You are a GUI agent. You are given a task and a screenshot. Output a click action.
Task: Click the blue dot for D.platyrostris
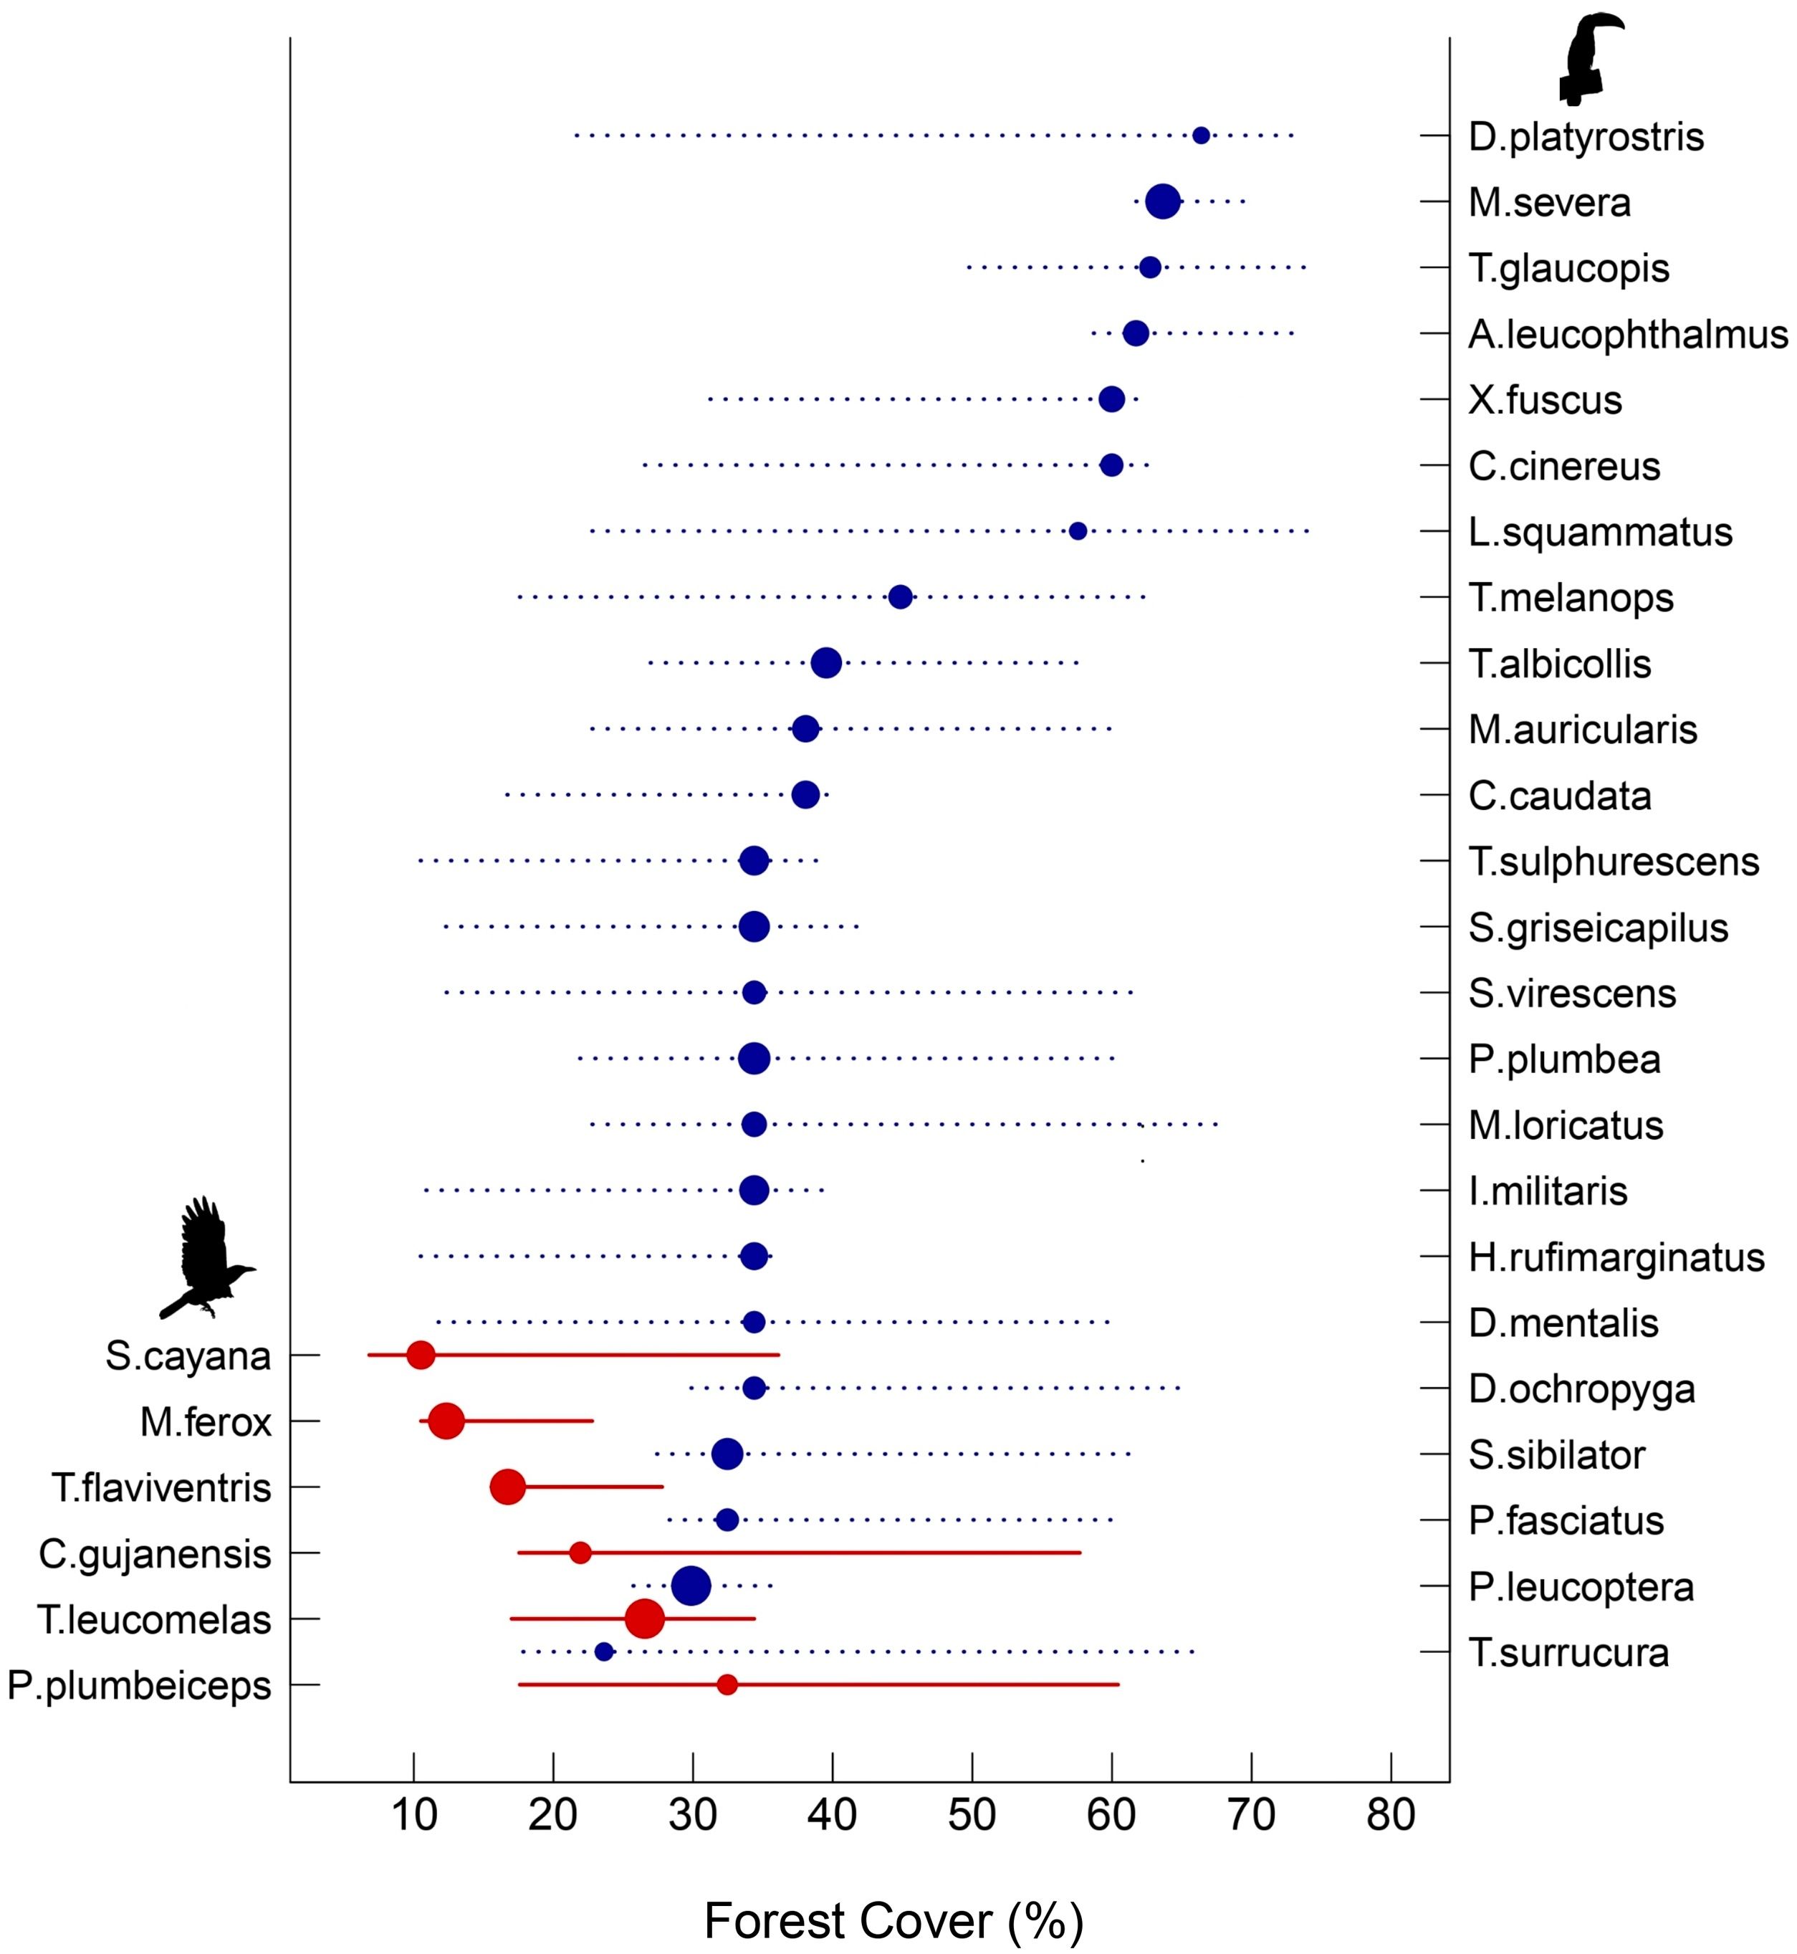(x=1201, y=135)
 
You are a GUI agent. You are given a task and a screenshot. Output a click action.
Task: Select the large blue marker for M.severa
(x=1163, y=201)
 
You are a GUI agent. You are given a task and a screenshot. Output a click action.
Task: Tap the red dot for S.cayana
(x=420, y=1355)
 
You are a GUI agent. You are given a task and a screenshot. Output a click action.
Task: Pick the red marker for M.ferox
(x=446, y=1421)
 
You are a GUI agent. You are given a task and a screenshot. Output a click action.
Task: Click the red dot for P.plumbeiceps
(x=727, y=1684)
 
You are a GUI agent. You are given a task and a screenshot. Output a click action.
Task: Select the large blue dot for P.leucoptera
(x=691, y=1586)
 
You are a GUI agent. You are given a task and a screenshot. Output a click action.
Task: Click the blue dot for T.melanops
(x=901, y=597)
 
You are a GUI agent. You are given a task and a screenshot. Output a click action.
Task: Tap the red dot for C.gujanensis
(x=580, y=1553)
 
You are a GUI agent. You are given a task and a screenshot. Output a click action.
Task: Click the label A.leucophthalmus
(x=1626, y=335)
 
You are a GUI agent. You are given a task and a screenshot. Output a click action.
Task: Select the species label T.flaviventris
(x=161, y=1488)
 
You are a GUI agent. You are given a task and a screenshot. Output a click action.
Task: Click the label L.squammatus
(x=1599, y=532)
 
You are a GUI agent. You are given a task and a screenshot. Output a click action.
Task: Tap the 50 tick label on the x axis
(x=972, y=1815)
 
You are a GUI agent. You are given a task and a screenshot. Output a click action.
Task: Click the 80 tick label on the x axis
(x=1391, y=1815)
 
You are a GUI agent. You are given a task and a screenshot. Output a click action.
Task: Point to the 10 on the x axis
(x=414, y=1815)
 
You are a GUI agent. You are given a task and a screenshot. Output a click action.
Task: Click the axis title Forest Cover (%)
(x=893, y=1921)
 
